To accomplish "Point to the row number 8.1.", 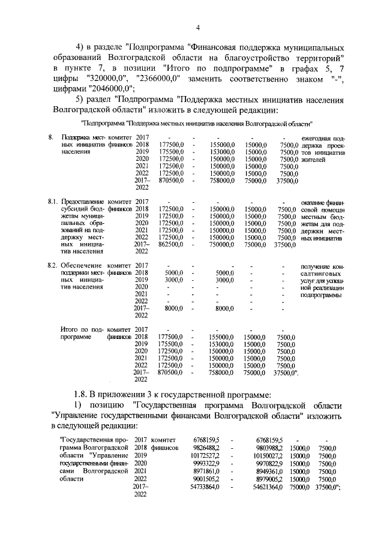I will [52, 202].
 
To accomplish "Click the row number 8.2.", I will [52, 265].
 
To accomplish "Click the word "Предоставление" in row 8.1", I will [83, 202].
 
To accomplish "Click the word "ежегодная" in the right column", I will [316, 139].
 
